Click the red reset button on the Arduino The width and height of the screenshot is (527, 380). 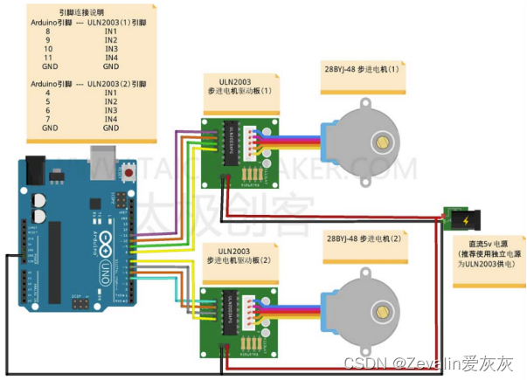[128, 172]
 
